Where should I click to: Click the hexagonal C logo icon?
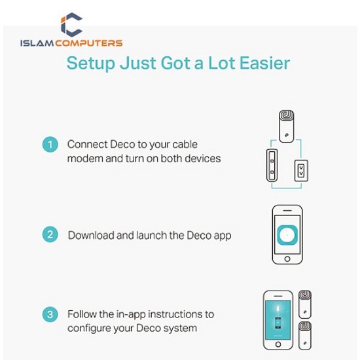click(x=71, y=25)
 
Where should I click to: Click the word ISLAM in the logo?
click(x=37, y=43)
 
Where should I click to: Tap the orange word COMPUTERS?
click(x=89, y=43)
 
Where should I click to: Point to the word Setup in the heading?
click(x=91, y=63)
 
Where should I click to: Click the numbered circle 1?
click(x=50, y=145)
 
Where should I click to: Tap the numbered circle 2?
click(x=50, y=234)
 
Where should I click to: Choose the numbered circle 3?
click(x=50, y=314)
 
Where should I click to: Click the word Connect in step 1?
click(x=88, y=145)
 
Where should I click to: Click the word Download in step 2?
click(x=91, y=236)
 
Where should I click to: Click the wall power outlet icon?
click(x=301, y=171)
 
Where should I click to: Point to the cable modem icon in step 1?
click(x=272, y=166)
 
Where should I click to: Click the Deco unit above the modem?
click(x=287, y=126)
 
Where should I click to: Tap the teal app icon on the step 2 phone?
click(x=287, y=235)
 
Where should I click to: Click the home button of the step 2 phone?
click(x=287, y=259)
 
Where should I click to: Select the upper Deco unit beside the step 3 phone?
click(x=305, y=304)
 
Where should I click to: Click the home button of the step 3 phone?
click(x=278, y=344)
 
